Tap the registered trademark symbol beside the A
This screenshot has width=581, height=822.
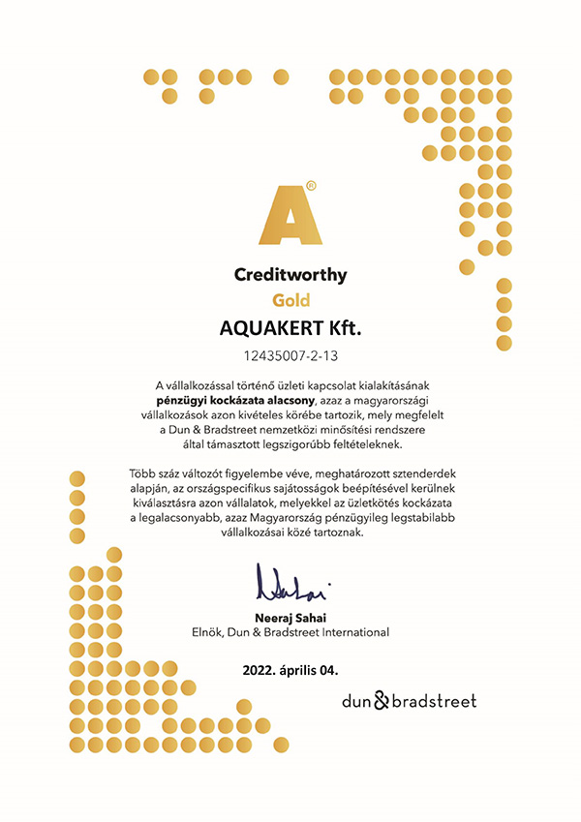(x=310, y=184)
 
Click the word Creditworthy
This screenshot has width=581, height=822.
(x=290, y=275)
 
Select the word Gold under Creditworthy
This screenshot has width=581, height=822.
(x=290, y=300)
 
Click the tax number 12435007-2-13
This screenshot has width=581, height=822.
(x=290, y=354)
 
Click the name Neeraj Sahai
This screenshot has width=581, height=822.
(x=290, y=617)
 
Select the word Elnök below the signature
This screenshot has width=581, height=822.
(x=209, y=632)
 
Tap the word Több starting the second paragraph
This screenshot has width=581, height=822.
(x=143, y=473)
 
